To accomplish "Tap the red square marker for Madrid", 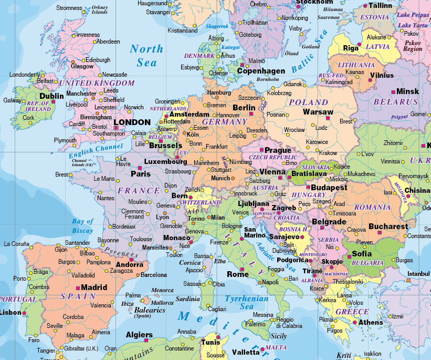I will (78, 288).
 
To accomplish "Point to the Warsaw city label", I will (318, 112).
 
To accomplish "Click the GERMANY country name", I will (224, 121).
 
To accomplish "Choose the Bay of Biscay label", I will (82, 226).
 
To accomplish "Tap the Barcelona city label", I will (154, 274).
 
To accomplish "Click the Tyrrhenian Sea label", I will (247, 302).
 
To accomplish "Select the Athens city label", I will (371, 322).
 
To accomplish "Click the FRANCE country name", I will (139, 191).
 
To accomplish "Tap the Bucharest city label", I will (388, 227).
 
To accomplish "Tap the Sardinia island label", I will (187, 299).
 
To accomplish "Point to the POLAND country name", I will (309, 102).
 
